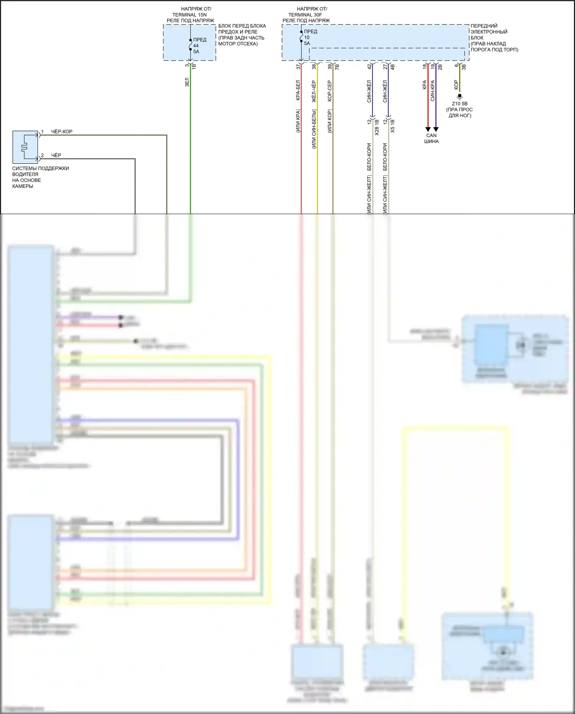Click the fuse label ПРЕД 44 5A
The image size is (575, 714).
[x=199, y=45]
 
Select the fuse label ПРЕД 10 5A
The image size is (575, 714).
[x=310, y=38]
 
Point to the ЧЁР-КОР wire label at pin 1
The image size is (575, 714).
[x=62, y=132]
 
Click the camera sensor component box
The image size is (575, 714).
[x=25, y=147]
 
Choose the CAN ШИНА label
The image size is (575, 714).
[x=431, y=138]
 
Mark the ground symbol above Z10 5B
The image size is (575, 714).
[x=460, y=97]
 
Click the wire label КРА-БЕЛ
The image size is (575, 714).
[x=298, y=91]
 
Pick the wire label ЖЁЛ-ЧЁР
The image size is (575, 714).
[x=314, y=91]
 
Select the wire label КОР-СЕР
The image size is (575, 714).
[x=330, y=91]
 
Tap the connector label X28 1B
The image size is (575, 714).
[x=377, y=127]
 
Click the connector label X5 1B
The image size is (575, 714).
[x=392, y=126]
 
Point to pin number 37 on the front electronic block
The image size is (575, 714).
[x=298, y=66]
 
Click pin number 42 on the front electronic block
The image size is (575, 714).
[x=369, y=66]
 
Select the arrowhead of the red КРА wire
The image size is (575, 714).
[x=428, y=129]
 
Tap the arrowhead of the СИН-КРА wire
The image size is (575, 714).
[x=436, y=129]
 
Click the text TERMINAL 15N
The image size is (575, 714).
[x=189, y=15]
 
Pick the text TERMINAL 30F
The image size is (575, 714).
[x=305, y=15]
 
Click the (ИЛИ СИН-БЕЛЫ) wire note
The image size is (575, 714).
[x=314, y=129]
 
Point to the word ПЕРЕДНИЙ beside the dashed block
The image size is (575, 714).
[x=484, y=26]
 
